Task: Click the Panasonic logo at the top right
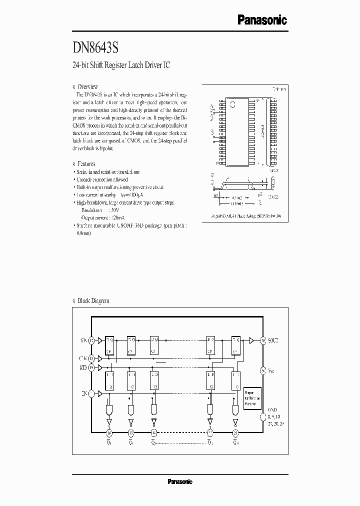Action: (x=261, y=20)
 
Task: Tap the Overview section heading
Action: (x=88, y=86)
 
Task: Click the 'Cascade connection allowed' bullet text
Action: (x=102, y=179)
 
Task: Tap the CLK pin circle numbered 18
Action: (x=91, y=358)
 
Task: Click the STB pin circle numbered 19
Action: (x=91, y=367)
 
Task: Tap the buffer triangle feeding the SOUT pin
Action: (x=251, y=340)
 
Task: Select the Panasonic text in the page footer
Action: (x=179, y=481)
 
